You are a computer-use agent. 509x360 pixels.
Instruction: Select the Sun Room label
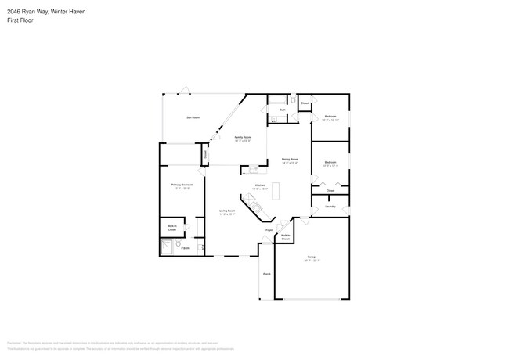click(x=193, y=117)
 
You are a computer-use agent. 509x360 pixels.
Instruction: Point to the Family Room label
click(x=242, y=138)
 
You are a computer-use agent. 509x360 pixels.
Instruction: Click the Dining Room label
click(x=290, y=160)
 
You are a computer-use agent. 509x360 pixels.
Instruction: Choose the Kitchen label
click(x=260, y=186)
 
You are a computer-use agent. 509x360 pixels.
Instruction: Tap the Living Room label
click(x=227, y=211)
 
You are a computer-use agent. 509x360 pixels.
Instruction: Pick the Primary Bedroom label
click(x=182, y=185)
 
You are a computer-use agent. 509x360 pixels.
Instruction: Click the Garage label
click(x=312, y=257)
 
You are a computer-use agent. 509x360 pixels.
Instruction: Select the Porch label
click(x=267, y=274)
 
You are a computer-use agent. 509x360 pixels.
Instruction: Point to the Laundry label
click(x=330, y=207)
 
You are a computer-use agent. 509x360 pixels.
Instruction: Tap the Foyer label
click(x=269, y=230)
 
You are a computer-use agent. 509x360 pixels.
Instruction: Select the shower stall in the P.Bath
click(x=168, y=248)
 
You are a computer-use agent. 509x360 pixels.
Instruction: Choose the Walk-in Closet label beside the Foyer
click(x=285, y=236)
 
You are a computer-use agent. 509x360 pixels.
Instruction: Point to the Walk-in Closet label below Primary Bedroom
click(x=171, y=228)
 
